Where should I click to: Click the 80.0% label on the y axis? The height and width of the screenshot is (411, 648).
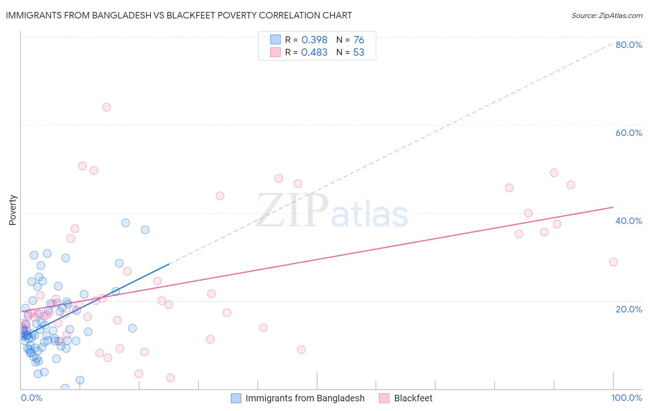coord(629,45)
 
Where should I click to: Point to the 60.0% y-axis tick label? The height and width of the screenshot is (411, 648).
coord(629,133)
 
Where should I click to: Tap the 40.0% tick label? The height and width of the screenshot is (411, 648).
coord(629,221)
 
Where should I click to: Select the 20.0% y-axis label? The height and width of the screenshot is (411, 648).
coord(629,309)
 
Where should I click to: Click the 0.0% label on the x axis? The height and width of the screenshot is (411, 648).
coord(31,398)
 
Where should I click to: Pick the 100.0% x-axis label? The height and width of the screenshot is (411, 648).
coord(626,398)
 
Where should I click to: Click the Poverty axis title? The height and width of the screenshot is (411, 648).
coord(12,210)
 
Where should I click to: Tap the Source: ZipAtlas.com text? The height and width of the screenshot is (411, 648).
coord(607,15)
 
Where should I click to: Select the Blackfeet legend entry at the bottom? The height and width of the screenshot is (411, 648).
coord(413,398)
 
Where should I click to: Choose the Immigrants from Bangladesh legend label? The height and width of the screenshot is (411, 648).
coord(305,398)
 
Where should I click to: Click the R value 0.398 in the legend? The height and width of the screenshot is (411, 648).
coord(314,40)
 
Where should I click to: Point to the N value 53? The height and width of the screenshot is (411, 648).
coord(359,53)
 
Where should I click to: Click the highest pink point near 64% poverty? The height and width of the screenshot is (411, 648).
coord(106,107)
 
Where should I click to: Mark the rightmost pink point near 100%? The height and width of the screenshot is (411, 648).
coord(613,262)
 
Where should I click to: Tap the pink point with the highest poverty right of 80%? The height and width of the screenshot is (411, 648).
coord(554,173)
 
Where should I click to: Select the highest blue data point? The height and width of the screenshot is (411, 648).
coord(125,223)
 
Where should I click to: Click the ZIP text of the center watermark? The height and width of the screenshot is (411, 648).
coord(292,211)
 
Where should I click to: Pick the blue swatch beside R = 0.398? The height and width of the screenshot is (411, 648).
coord(275,40)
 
